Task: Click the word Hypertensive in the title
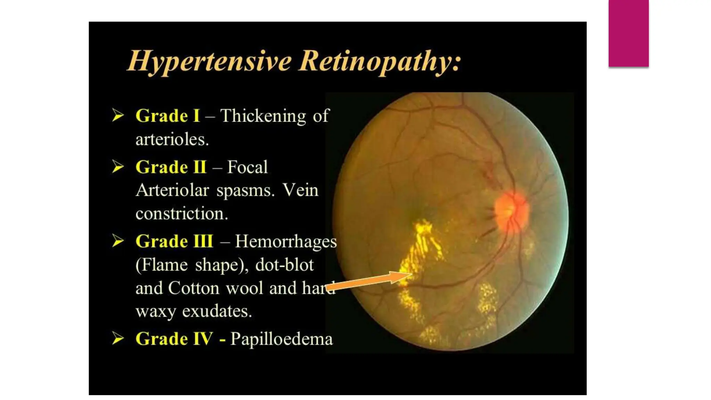(x=210, y=61)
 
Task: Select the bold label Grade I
(x=168, y=116)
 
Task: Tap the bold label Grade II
(x=171, y=167)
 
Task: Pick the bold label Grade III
(x=174, y=241)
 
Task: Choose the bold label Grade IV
(x=174, y=339)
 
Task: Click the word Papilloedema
(x=282, y=339)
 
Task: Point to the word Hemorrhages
(x=286, y=241)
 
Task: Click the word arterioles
(x=172, y=140)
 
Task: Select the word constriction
(x=182, y=213)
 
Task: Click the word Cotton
(x=194, y=288)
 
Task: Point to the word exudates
(x=217, y=311)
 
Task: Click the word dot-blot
(x=284, y=265)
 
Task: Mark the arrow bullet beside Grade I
(x=118, y=115)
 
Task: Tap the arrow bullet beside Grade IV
(x=118, y=338)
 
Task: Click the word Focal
(x=247, y=167)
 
